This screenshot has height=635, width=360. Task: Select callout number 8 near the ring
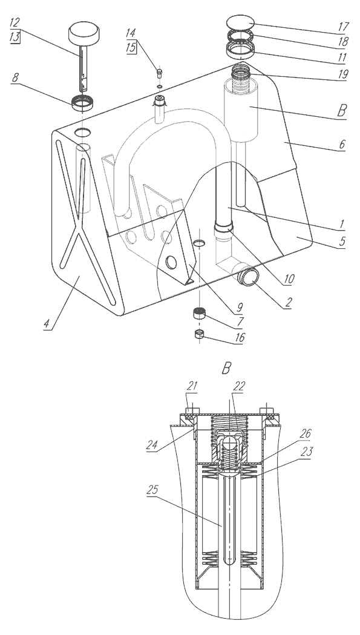(15, 77)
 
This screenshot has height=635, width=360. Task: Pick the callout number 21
(192, 386)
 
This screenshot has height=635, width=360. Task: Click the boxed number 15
(131, 47)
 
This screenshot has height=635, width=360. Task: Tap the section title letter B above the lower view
(226, 367)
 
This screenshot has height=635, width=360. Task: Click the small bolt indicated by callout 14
(160, 74)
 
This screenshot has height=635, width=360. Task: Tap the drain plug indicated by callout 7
(198, 314)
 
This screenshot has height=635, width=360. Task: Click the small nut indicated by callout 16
(199, 334)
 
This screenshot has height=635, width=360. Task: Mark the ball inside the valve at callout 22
(229, 442)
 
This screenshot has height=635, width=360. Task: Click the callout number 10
(289, 278)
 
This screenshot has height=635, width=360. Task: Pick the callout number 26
(306, 434)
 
